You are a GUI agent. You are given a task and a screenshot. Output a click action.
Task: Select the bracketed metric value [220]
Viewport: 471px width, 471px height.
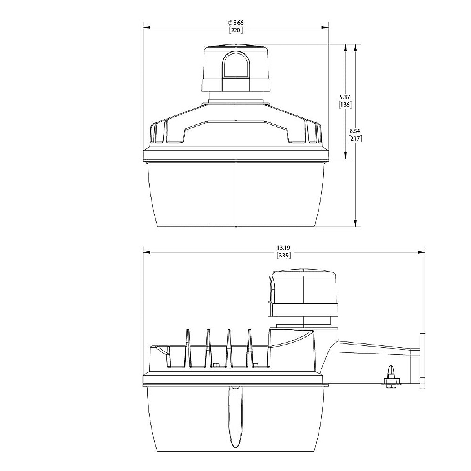click(236, 30)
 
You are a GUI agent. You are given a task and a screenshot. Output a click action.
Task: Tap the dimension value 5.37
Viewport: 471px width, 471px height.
click(345, 97)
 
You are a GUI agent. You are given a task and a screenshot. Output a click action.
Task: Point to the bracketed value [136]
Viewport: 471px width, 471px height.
click(345, 105)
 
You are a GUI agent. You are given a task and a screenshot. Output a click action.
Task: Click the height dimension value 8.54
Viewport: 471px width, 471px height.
click(355, 131)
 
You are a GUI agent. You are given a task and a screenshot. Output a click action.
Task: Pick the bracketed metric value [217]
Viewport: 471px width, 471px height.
click(355, 139)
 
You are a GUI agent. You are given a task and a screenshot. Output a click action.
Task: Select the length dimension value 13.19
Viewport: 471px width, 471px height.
click(283, 248)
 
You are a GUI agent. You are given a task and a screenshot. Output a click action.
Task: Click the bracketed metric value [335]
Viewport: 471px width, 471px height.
click(283, 256)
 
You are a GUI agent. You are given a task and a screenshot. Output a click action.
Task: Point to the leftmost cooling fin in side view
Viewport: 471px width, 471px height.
click(188, 347)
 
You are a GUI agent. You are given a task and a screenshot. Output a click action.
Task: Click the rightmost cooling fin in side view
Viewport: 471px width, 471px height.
click(249, 347)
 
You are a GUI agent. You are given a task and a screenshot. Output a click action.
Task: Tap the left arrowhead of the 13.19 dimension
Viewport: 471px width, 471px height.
click(146, 252)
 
